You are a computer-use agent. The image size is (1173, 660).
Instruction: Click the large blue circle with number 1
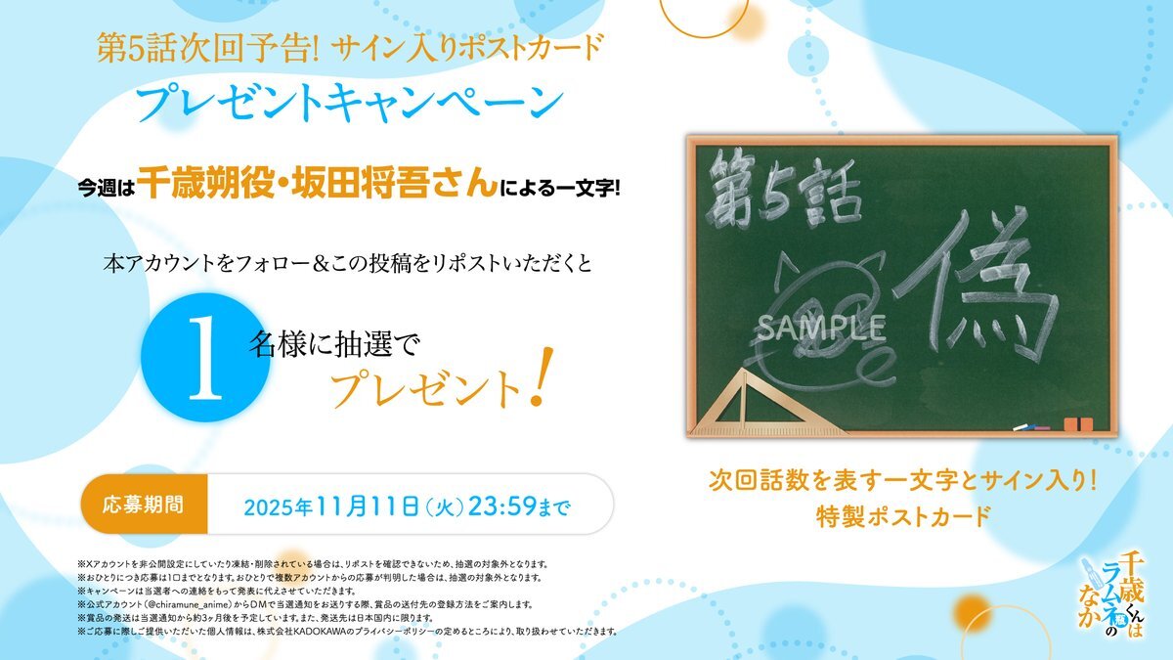click(x=205, y=357)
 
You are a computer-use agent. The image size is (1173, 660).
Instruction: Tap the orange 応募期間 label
click(x=143, y=505)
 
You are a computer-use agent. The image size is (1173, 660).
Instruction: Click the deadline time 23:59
click(x=502, y=506)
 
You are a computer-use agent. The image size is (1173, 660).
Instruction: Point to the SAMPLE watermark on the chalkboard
click(x=821, y=327)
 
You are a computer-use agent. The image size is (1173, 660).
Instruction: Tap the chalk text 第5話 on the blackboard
click(x=783, y=189)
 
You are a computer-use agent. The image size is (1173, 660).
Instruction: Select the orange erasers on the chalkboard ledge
click(x=1078, y=424)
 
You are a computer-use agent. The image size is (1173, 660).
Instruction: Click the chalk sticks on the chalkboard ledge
click(x=1031, y=427)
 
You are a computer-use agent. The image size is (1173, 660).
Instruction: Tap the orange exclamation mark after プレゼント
click(x=542, y=376)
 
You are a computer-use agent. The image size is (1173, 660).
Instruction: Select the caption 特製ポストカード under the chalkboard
click(x=903, y=516)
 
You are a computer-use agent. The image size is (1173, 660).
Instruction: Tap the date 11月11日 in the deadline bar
click(x=368, y=506)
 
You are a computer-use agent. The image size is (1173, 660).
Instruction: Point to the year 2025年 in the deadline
click(x=278, y=507)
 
